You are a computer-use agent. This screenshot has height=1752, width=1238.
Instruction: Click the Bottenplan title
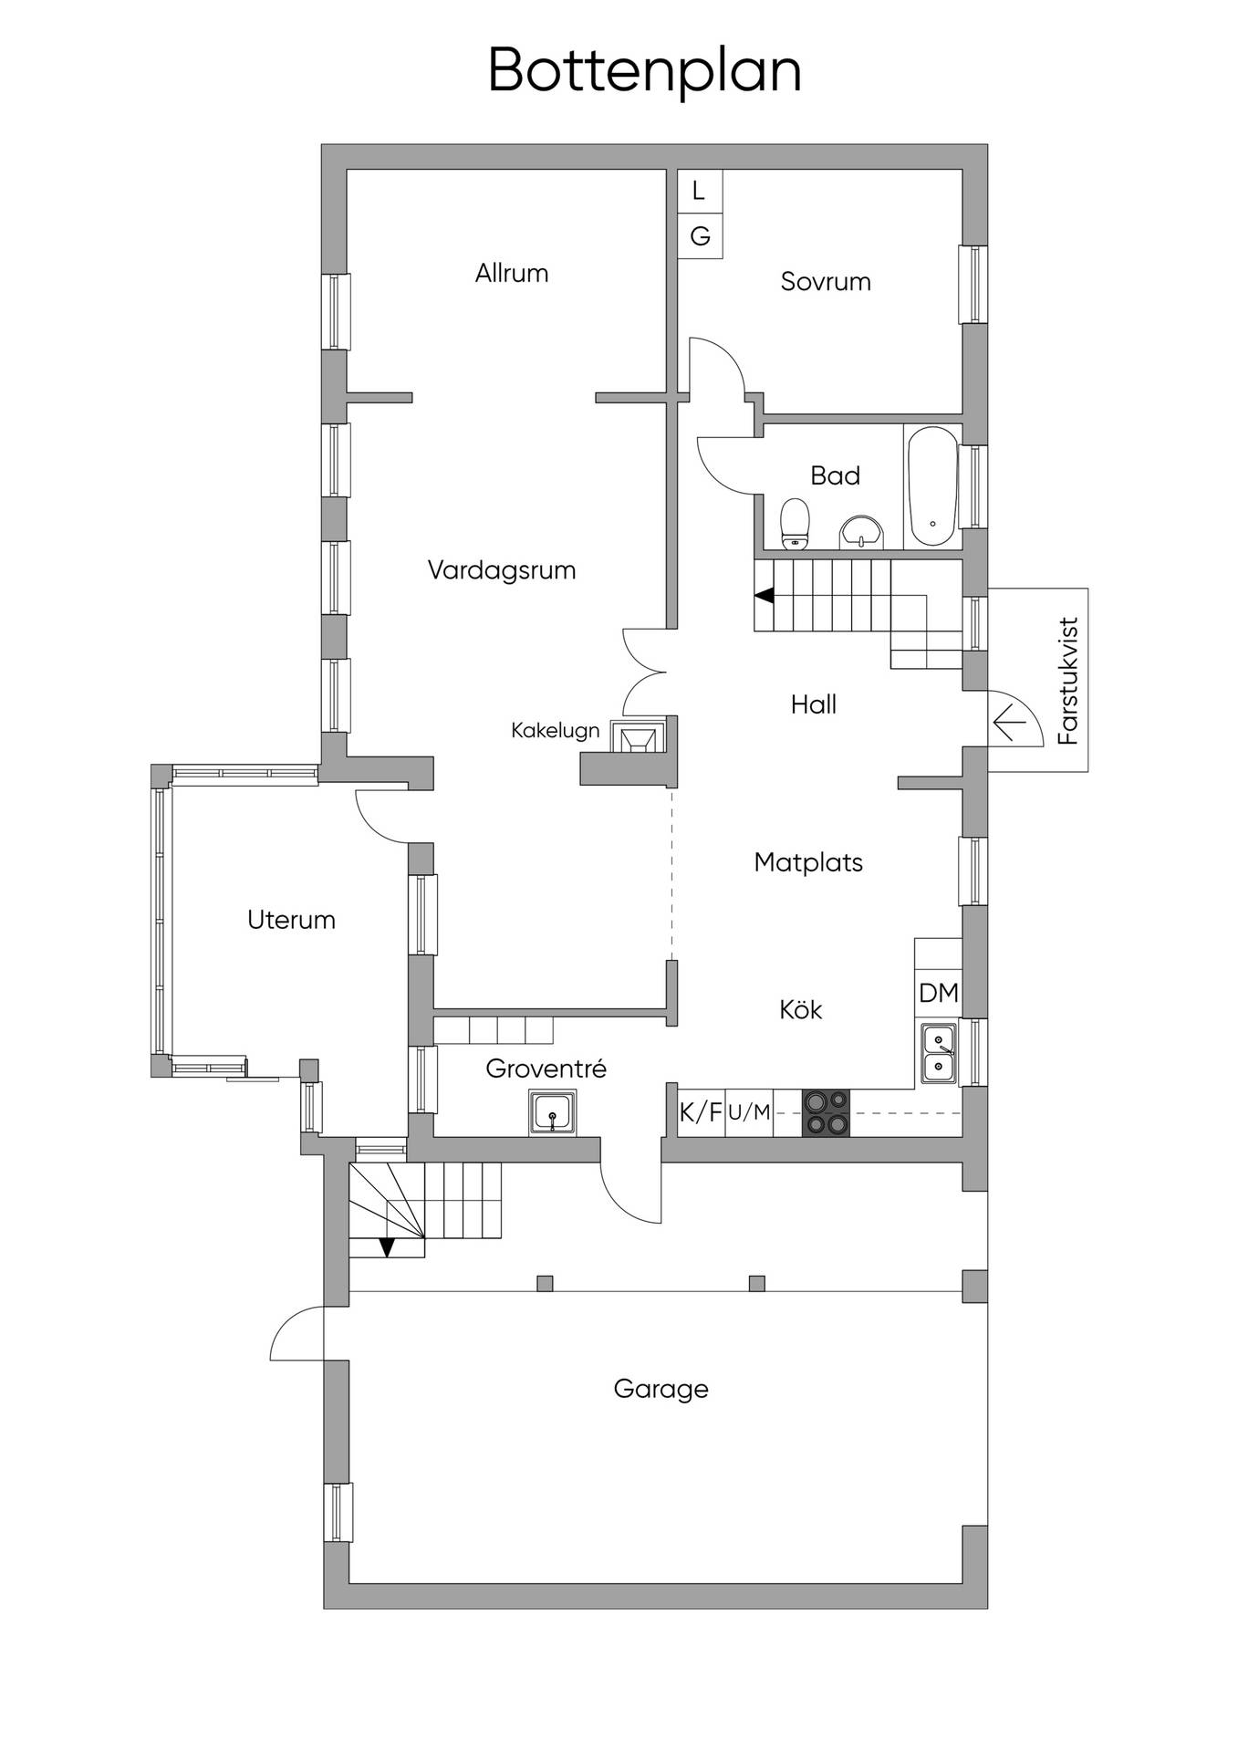[645, 71]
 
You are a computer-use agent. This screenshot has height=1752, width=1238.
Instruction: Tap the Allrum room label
[512, 273]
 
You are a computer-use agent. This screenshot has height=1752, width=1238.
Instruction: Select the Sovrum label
[826, 281]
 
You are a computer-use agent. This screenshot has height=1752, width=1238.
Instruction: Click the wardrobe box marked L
[700, 191]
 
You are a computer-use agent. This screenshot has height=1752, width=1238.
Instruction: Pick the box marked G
[700, 236]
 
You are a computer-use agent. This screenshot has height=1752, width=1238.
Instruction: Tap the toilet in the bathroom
[796, 524]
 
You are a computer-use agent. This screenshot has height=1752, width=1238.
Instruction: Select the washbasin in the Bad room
[862, 532]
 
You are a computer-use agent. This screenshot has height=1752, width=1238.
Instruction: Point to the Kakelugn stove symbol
[636, 738]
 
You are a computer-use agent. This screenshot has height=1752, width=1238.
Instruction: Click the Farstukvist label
[1068, 681]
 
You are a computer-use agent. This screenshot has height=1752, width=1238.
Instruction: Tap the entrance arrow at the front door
[1009, 724]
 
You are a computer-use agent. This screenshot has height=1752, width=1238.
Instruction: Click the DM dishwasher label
[939, 993]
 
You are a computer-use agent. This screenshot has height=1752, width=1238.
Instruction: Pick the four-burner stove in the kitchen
[826, 1113]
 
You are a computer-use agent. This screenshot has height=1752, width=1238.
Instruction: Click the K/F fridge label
[701, 1112]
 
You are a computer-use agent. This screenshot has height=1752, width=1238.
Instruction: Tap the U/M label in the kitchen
[749, 1112]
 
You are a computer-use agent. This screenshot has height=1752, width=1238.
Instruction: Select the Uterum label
[292, 919]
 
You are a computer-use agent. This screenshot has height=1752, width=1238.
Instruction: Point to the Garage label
[661, 1389]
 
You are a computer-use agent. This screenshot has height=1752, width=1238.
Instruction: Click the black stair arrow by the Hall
[765, 596]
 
